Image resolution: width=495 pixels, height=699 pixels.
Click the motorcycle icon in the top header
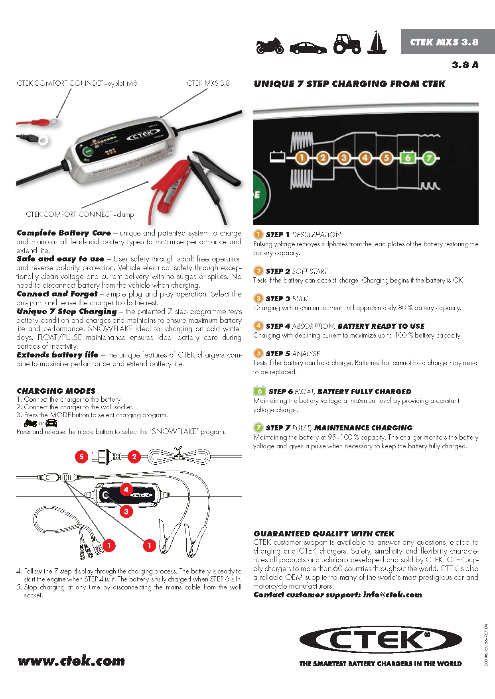(270, 45)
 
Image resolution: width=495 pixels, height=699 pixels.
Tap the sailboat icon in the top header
(377, 43)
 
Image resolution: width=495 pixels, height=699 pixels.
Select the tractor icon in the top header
(347, 44)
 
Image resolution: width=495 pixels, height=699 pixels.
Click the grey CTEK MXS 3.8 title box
(444, 42)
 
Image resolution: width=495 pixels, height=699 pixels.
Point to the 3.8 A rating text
(465, 65)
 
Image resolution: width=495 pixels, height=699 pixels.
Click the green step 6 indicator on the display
(408, 158)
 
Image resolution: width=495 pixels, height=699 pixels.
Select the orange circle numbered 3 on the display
(344, 158)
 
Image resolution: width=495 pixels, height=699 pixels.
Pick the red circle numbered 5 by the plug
(81, 456)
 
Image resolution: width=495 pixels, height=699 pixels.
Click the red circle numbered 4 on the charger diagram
(126, 489)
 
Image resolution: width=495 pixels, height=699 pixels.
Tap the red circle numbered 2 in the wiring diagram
(134, 457)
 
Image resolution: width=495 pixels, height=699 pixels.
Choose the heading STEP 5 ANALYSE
(292, 353)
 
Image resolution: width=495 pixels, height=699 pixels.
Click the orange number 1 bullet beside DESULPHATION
(258, 234)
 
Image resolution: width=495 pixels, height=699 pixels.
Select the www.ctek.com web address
(71, 661)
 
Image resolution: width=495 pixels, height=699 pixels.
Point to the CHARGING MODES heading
(56, 391)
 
